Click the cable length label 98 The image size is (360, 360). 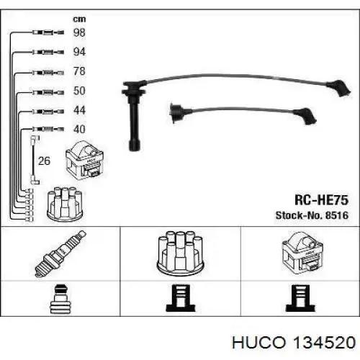click(x=79, y=32)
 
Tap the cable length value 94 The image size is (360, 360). click(x=79, y=52)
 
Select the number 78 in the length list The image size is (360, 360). click(x=79, y=71)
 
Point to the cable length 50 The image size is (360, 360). click(x=79, y=91)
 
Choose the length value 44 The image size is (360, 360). click(x=79, y=110)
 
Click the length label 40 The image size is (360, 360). click(x=79, y=130)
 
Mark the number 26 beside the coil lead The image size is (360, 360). click(x=44, y=161)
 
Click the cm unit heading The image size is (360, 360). click(x=79, y=19)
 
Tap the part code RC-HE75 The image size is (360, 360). click(x=321, y=200)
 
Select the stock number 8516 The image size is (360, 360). click(x=336, y=215)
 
